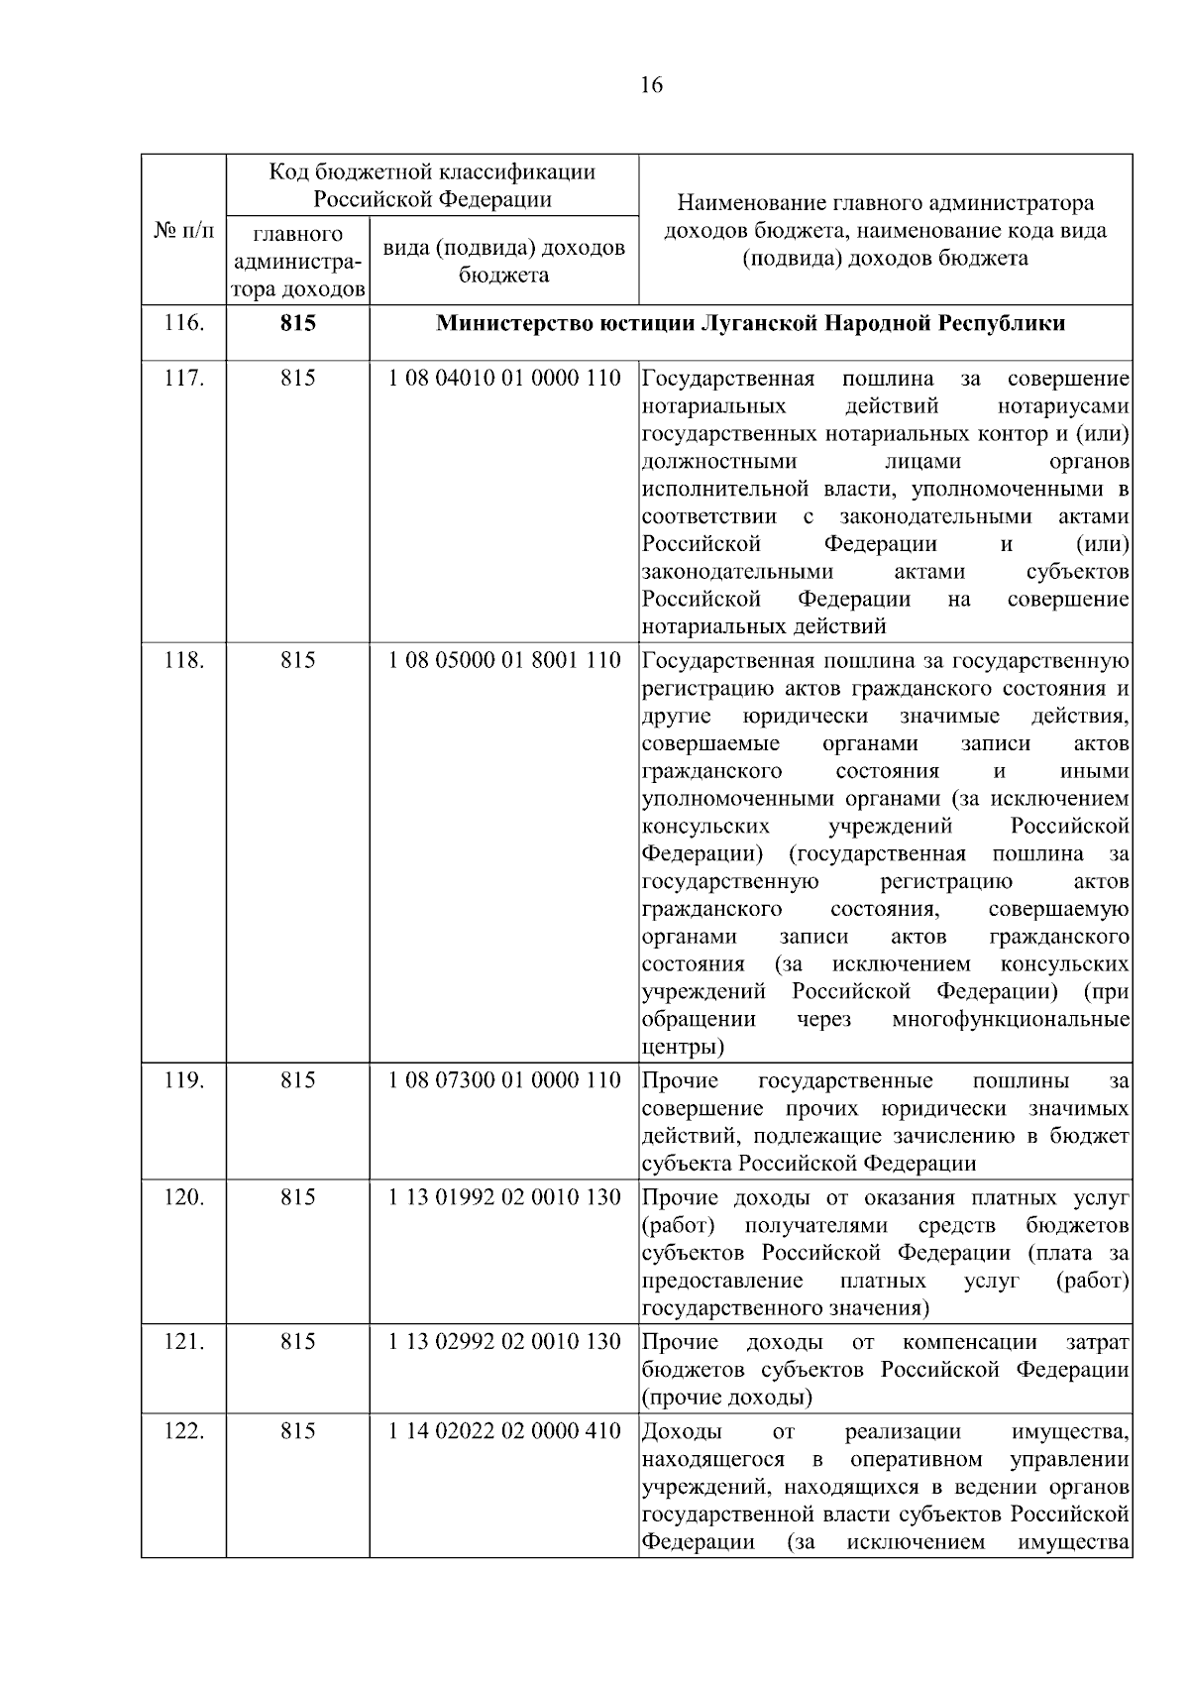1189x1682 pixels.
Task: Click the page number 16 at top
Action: pyautogui.click(x=651, y=85)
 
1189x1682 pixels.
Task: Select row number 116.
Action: pyautogui.click(x=183, y=322)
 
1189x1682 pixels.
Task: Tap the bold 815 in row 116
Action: pyautogui.click(x=297, y=323)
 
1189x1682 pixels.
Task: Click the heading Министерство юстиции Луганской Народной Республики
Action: pyautogui.click(x=751, y=323)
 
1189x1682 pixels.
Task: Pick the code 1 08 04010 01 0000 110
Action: pyautogui.click(x=504, y=379)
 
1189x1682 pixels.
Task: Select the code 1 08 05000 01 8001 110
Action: pyautogui.click(x=504, y=660)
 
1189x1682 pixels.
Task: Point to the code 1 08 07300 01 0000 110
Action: pyautogui.click(x=504, y=1079)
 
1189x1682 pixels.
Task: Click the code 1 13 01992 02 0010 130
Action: pyautogui.click(x=504, y=1196)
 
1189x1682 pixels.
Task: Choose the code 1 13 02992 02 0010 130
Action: pyautogui.click(x=504, y=1341)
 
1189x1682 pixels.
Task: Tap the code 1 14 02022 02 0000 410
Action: pyautogui.click(x=504, y=1430)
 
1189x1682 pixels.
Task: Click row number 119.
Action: pyautogui.click(x=183, y=1080)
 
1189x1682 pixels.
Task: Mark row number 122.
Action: pyautogui.click(x=183, y=1431)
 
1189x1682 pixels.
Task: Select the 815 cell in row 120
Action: pyautogui.click(x=297, y=1197)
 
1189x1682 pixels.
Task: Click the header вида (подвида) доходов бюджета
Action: pyautogui.click(x=504, y=261)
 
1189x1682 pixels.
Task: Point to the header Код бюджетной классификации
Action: pyautogui.click(x=433, y=172)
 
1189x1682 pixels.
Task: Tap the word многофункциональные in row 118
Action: pyautogui.click(x=1011, y=1019)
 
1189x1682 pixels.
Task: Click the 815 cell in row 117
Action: pyautogui.click(x=297, y=379)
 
